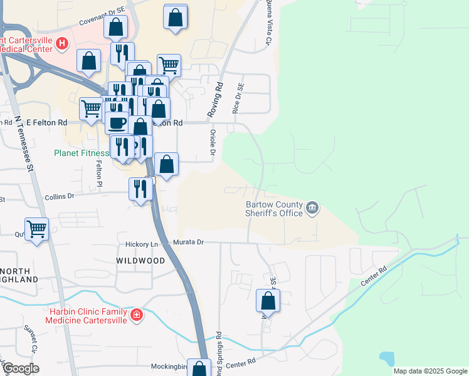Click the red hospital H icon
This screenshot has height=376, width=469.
click(x=62, y=44)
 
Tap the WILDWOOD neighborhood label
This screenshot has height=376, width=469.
click(x=140, y=260)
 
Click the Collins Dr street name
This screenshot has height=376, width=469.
click(x=60, y=196)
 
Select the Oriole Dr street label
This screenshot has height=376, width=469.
click(x=213, y=144)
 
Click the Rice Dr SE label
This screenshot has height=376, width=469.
click(x=238, y=100)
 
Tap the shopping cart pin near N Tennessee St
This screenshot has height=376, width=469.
click(x=37, y=229)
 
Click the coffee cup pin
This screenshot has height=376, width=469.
click(x=117, y=122)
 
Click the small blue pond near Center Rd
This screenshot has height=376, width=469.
click(x=387, y=358)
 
